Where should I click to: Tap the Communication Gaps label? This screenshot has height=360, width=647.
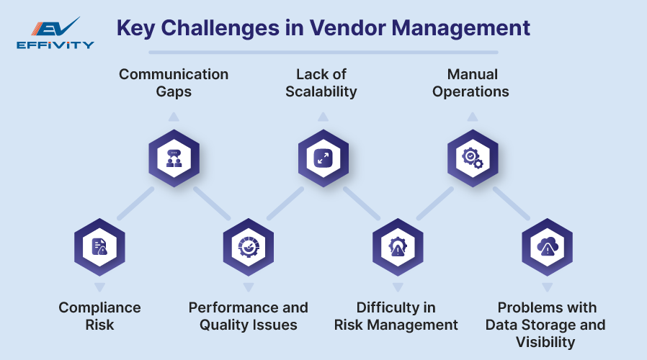174,83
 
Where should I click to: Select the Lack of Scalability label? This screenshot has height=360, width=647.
321,83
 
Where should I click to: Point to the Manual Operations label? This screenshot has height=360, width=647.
471,83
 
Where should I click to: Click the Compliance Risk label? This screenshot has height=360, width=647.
99,316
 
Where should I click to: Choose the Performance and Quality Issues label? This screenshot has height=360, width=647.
249,316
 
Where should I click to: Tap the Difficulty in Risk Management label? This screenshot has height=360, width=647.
396,316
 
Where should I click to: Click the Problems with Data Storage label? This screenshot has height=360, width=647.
545,324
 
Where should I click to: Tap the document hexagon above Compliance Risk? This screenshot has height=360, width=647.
99,246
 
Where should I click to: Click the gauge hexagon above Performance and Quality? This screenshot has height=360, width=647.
249,246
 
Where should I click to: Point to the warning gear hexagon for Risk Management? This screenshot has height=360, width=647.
397,246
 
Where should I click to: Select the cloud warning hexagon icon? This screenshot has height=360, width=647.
546,246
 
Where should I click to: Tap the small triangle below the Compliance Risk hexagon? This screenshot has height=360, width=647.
99,287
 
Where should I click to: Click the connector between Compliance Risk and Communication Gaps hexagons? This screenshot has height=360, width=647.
135,203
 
